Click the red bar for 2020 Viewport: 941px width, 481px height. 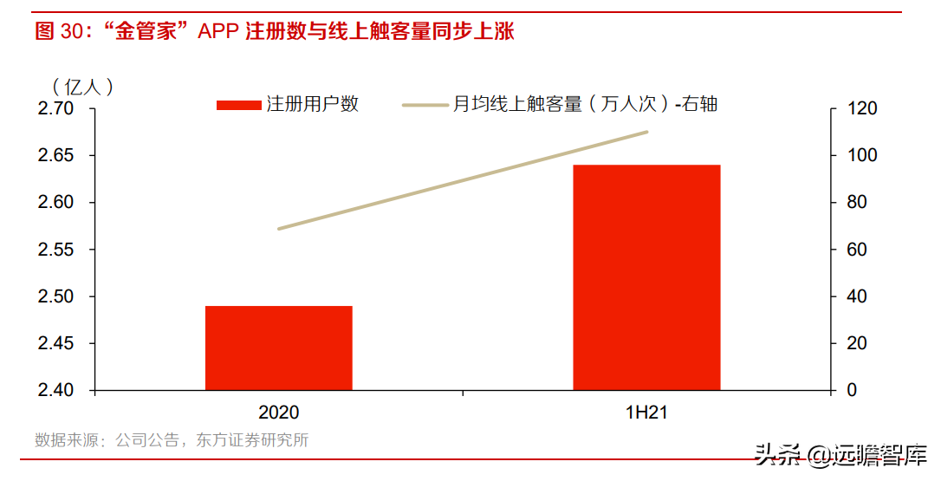tap(279, 348)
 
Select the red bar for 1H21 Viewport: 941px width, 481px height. tap(646, 276)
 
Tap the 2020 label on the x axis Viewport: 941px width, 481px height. tap(279, 413)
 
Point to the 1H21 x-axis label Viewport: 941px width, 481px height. tap(646, 413)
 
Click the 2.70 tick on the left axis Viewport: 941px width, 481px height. tap(56, 108)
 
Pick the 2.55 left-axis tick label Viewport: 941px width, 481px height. tap(56, 250)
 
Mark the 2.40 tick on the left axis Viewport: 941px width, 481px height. tap(56, 390)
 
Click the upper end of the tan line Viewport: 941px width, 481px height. tap(646, 132)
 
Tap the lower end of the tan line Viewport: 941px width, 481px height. tap(279, 229)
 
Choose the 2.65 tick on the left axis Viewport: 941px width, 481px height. tap(56, 155)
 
